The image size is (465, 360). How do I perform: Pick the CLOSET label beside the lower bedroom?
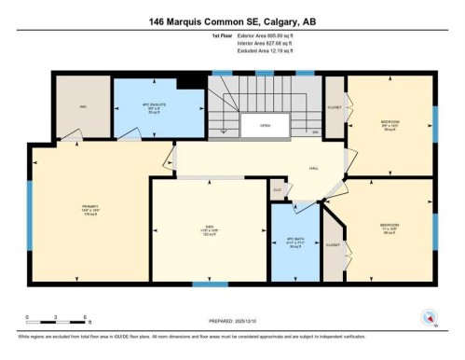333,244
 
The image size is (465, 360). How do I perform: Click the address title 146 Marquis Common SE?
232,21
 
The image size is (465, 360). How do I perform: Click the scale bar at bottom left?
56,324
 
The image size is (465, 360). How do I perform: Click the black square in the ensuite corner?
190,82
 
